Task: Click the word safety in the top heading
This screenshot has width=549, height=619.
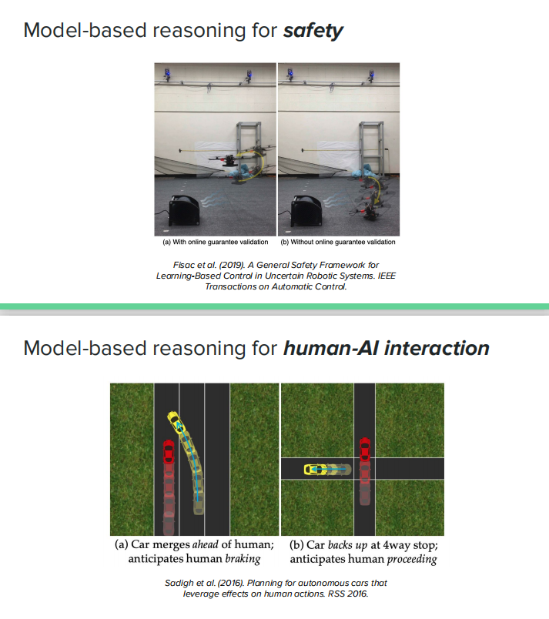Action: point(313,31)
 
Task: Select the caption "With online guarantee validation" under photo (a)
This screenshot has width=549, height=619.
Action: point(217,242)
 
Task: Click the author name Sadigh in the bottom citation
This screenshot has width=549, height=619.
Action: point(180,583)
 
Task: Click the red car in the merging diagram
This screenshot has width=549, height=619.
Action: point(169,450)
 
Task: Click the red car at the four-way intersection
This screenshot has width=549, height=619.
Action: point(364,447)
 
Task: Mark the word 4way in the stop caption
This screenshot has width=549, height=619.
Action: point(387,544)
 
